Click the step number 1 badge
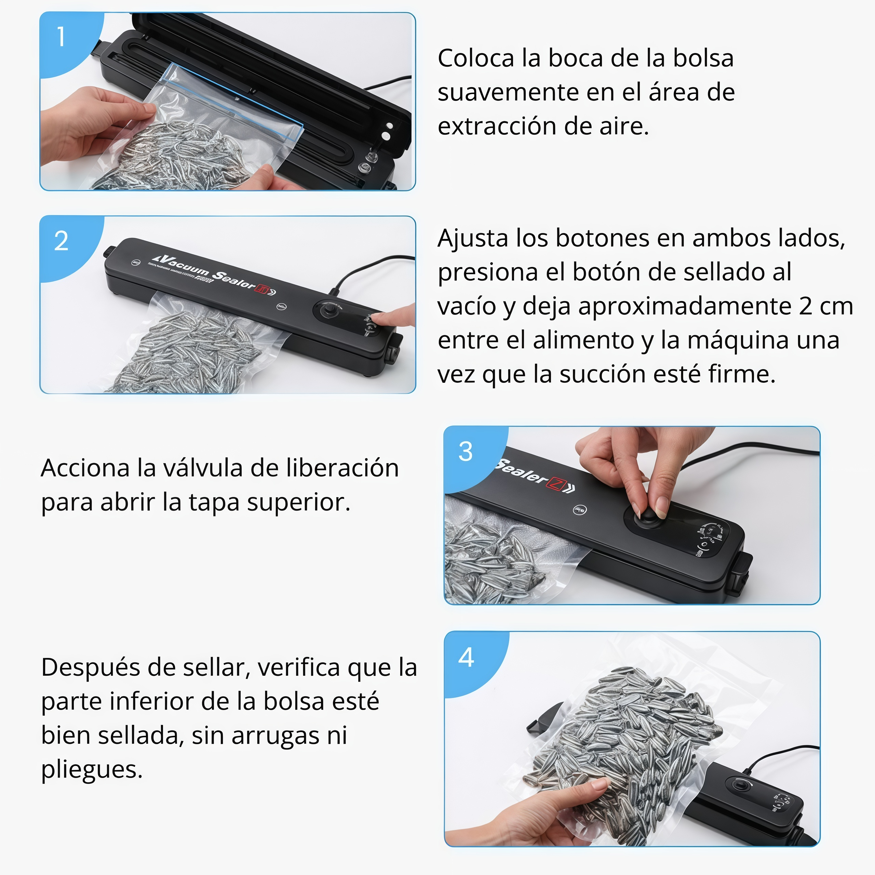[61, 37]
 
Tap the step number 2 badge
[61, 241]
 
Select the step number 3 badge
[465, 452]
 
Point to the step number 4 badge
[466, 657]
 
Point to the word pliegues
[92, 769]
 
